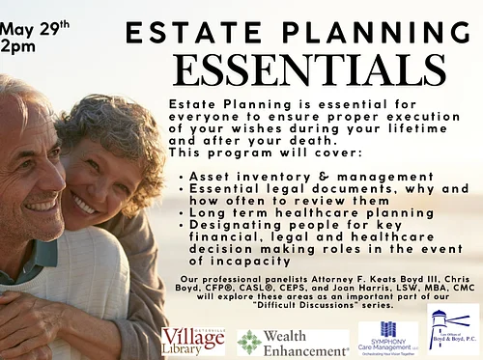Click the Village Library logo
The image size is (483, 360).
coord(192,340)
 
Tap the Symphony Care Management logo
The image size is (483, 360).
coord(387,339)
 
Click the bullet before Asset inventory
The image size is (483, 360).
coord(183,178)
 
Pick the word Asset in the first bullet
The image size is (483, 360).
coord(207,178)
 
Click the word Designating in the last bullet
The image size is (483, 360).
coord(230,223)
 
